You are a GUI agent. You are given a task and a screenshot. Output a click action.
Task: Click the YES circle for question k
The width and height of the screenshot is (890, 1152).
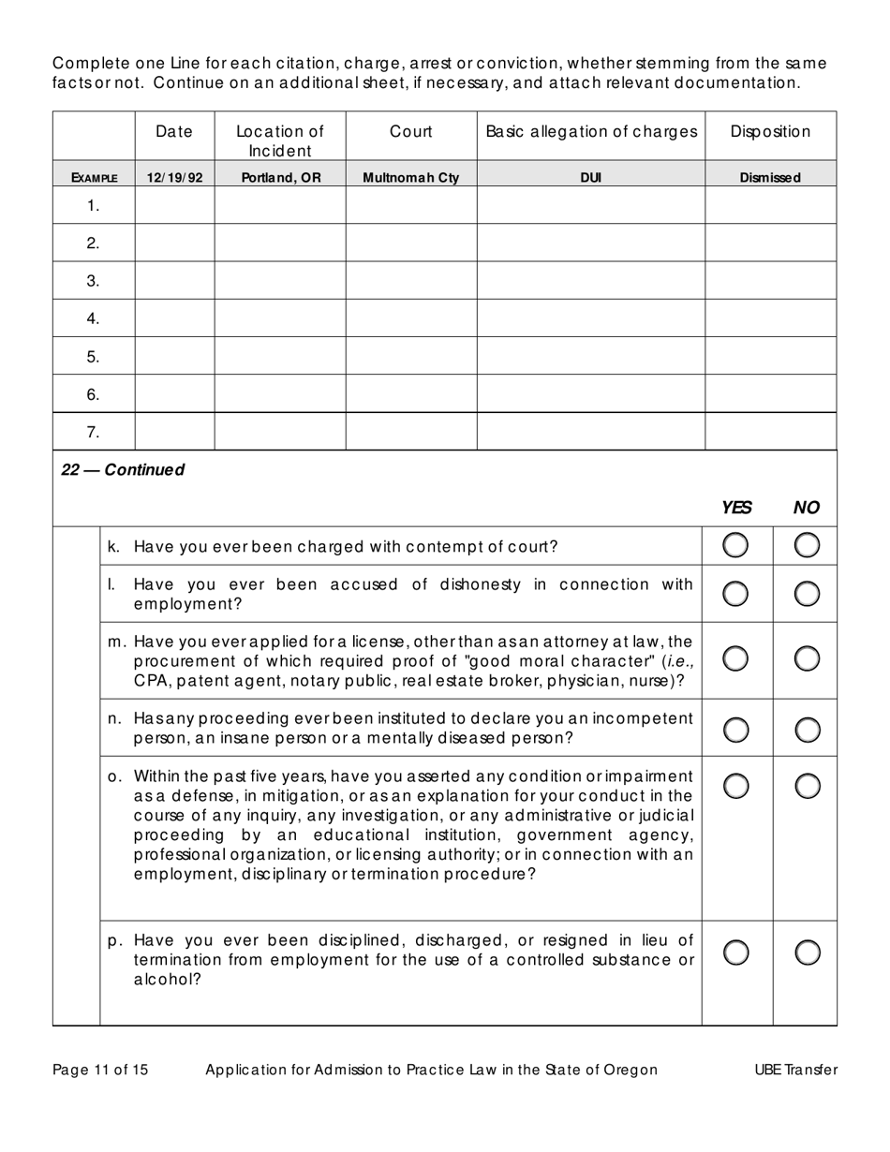[736, 545]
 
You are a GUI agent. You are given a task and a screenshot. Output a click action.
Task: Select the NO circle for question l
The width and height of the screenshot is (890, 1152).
[807, 593]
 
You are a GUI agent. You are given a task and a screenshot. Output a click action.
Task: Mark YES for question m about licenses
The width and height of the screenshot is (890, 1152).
[736, 659]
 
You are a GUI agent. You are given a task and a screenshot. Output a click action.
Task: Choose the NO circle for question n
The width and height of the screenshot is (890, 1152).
[807, 729]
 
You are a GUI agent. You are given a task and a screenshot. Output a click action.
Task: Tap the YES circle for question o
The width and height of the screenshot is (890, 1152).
[736, 787]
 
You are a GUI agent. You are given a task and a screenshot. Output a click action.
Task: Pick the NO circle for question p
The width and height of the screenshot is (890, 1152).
[807, 953]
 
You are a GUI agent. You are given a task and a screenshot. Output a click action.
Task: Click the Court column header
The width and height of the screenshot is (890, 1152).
[411, 132]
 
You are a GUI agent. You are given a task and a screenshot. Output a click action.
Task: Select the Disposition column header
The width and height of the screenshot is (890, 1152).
[770, 132]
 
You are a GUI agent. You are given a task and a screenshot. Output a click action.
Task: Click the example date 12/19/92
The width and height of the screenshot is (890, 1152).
[174, 177]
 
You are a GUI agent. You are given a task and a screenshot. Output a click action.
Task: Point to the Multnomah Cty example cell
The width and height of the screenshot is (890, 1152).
[410, 177]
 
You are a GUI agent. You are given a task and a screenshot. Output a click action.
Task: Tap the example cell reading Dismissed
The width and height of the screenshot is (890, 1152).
[770, 177]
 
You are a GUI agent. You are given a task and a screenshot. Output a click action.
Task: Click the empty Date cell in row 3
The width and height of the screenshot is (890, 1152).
[174, 281]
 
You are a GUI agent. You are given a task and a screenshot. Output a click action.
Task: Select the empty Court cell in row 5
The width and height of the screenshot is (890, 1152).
[410, 356]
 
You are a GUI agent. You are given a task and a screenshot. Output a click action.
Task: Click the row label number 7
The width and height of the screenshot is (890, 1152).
[93, 432]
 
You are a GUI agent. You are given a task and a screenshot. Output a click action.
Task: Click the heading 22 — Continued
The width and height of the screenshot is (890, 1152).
[123, 470]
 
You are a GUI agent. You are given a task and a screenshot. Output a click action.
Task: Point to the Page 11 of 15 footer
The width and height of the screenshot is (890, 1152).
[100, 1070]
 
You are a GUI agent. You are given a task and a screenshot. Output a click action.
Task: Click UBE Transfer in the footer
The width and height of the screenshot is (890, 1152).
[795, 1070]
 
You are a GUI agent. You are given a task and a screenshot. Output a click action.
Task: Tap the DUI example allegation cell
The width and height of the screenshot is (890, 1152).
[590, 177]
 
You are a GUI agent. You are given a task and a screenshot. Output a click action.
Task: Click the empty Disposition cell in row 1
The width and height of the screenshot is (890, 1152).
[770, 205]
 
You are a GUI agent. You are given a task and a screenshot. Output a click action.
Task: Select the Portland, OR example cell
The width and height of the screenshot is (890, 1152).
[279, 177]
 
